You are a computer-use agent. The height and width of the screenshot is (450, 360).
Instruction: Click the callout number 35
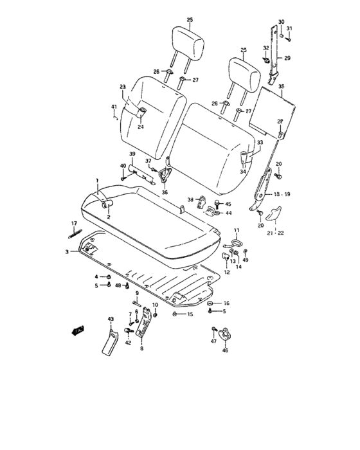[x=281, y=85]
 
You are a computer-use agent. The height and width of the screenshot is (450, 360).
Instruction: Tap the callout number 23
[x=122, y=86]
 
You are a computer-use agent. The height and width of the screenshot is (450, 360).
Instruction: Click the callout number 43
[x=110, y=319]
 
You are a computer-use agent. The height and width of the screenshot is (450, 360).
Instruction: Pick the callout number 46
[x=225, y=351]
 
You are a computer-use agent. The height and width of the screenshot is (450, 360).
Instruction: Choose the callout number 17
[x=74, y=224]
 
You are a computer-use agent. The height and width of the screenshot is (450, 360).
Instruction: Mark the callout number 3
[x=66, y=252]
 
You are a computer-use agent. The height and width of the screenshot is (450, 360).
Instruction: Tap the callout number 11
[x=236, y=231]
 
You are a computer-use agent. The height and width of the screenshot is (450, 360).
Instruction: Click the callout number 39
[x=131, y=155]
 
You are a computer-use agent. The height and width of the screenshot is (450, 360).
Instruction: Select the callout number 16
[x=226, y=302]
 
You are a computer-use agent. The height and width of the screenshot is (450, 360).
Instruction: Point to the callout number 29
[x=287, y=59]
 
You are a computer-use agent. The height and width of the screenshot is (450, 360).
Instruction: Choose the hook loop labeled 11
[x=234, y=243]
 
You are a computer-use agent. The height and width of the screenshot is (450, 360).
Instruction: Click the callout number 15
[x=190, y=314]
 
